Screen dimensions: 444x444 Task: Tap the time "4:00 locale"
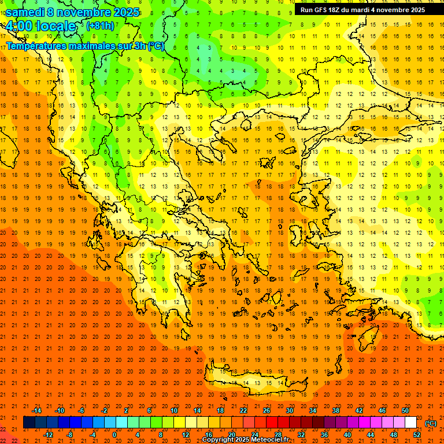[x=40, y=26]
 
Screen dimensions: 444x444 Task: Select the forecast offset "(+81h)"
[x=100, y=25]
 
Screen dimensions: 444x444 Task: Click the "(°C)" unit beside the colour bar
[x=431, y=423]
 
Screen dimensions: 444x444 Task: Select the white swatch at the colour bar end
[x=410, y=423]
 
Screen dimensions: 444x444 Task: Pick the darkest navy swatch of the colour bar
[x=29, y=423]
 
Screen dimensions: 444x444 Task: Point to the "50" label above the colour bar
[x=405, y=410]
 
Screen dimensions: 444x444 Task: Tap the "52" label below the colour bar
[x=416, y=435]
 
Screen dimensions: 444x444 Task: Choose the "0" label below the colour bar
[x=114, y=435]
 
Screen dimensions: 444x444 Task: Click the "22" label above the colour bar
[x=243, y=410]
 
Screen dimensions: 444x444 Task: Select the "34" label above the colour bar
[x=312, y=410]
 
